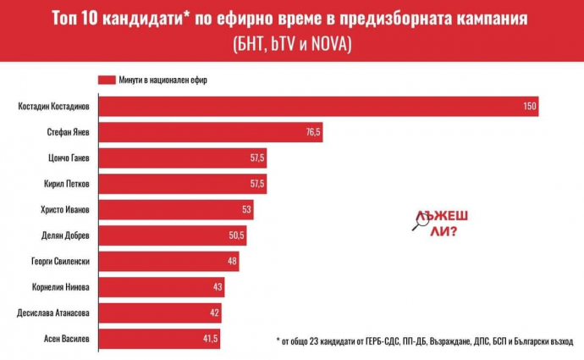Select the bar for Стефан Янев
(x=211, y=133)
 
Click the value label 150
(x=529, y=107)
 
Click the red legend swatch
(x=107, y=80)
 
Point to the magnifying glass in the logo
(x=418, y=223)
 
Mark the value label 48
(x=230, y=262)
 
